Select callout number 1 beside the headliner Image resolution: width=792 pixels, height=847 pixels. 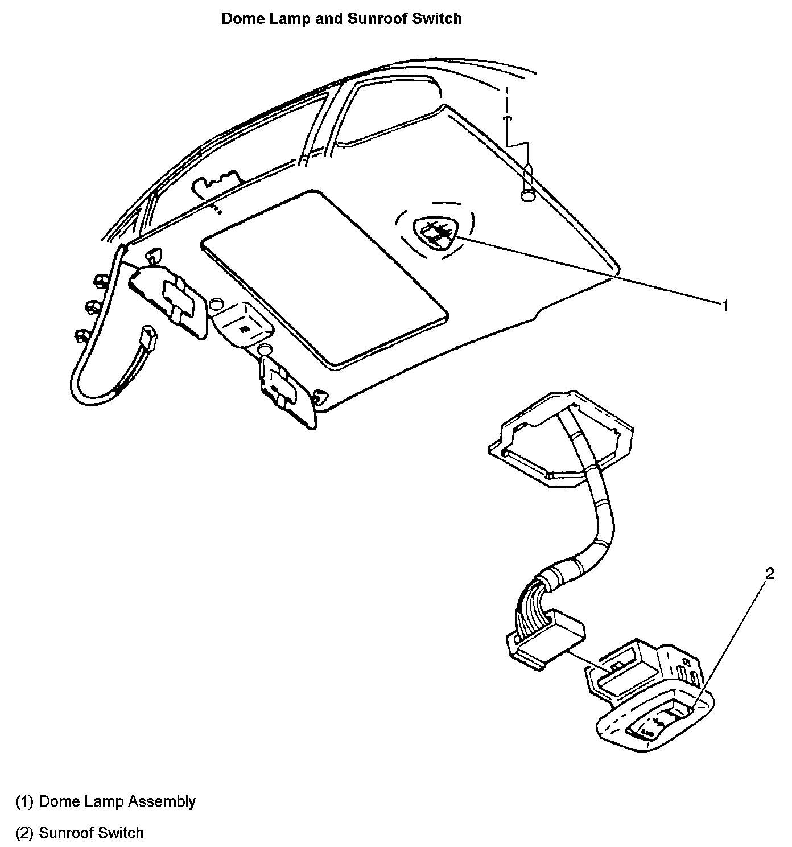point(725,306)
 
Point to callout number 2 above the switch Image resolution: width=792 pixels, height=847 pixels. point(770,574)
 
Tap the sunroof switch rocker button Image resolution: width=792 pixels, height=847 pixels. point(660,724)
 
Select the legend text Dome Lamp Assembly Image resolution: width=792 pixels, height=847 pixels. point(117,801)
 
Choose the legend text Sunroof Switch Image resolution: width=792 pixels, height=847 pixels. point(91,833)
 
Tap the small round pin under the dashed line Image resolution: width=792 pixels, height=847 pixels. point(528,195)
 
